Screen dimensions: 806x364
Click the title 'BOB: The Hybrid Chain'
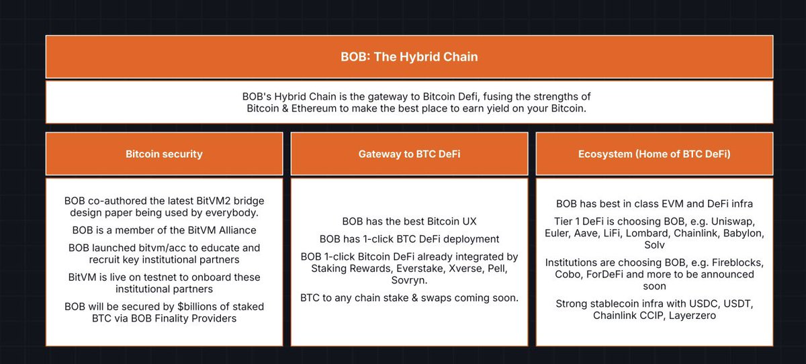(409, 57)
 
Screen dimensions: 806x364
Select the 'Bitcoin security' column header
(164, 154)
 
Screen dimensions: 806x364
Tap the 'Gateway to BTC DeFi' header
(409, 154)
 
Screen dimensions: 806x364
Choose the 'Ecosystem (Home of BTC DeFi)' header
(654, 154)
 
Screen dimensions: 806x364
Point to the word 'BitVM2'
(215, 201)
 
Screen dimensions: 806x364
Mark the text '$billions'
(197, 306)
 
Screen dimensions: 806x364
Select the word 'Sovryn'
(409, 280)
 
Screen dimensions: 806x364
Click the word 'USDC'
(704, 304)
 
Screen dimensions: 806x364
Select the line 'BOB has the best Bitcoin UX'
(409, 221)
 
